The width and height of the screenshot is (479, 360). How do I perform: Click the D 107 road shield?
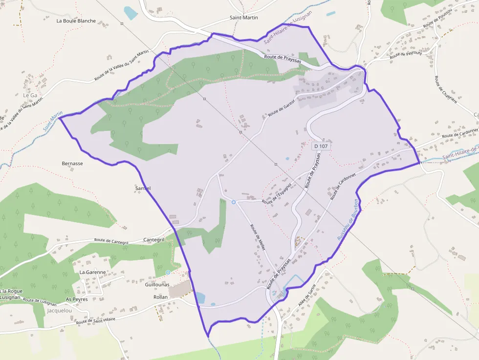coord(321,146)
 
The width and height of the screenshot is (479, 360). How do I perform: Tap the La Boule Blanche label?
coord(76,21)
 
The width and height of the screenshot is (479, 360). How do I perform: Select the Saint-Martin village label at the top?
coord(243,18)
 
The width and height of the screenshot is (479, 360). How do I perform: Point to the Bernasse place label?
coord(72,164)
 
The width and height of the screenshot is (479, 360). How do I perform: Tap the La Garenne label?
coord(92,272)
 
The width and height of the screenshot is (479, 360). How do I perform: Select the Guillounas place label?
coord(156,284)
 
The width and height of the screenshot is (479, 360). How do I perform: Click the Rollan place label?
coord(160,297)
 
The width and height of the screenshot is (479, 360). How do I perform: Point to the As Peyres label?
coord(76,299)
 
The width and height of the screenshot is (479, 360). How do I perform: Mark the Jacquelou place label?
coord(59,310)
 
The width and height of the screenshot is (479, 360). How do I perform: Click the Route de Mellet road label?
coord(258,238)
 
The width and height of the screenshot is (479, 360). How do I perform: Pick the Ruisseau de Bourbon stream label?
coord(348,219)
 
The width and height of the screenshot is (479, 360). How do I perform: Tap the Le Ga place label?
coord(30,95)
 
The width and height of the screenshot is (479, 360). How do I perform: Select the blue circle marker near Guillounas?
coord(168,272)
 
